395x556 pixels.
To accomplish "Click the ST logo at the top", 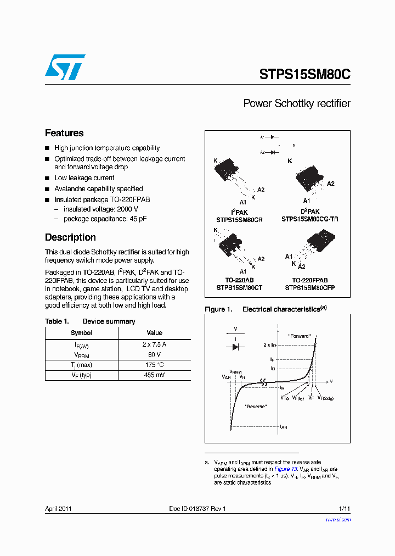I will (x=65, y=66).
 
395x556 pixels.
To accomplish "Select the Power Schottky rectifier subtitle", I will (x=296, y=103).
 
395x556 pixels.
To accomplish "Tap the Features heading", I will (x=64, y=133).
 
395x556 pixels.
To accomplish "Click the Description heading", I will (x=70, y=237).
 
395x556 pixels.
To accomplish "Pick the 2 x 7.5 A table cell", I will (x=154, y=344).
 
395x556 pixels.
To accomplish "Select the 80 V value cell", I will (x=154, y=355).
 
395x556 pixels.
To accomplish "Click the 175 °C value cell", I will (x=154, y=365).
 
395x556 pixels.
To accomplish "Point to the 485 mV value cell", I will (x=154, y=375).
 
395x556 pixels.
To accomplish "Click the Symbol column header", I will (x=81, y=333).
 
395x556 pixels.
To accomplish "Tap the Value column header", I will (x=154, y=333).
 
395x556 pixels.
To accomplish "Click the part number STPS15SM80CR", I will (x=239, y=219).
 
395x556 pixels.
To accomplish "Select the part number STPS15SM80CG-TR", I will (x=310, y=219).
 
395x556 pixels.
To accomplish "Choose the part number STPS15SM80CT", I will (x=239, y=287).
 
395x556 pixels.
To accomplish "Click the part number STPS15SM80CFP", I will (x=310, y=287).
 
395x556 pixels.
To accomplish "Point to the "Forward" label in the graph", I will (x=299, y=336).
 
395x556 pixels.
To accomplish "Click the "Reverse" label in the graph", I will (x=255, y=406).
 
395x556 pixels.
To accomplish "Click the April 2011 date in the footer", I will (x=58, y=509).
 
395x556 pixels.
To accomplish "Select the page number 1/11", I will (x=345, y=509).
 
